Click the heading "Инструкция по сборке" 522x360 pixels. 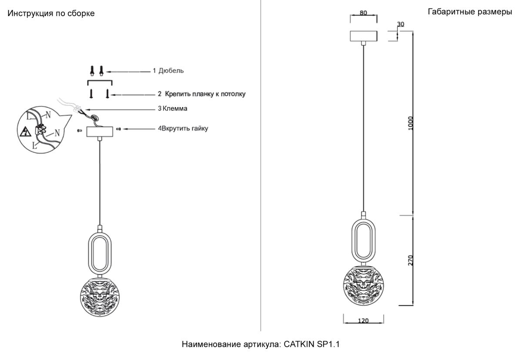click(51, 13)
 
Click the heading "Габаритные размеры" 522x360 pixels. click(470, 12)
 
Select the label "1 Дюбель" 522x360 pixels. click(168, 71)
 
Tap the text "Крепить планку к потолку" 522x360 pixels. click(205, 94)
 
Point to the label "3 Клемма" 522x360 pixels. click(173, 108)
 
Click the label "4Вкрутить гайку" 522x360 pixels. click(183, 128)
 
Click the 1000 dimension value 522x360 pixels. click(411, 123)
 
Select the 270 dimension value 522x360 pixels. click(411, 260)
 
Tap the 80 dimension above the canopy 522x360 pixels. click(363, 13)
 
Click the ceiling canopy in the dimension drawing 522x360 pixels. click(364, 36)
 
